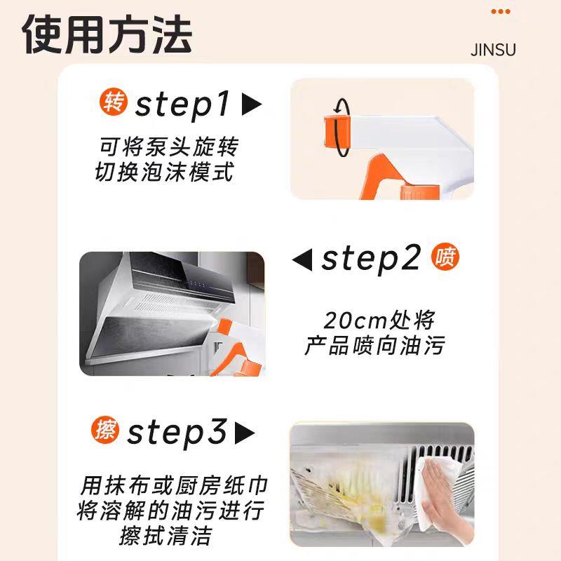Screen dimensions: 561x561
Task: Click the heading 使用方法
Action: click(107, 34)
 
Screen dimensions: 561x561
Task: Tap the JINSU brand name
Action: click(493, 50)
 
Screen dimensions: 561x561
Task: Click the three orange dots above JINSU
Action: click(501, 12)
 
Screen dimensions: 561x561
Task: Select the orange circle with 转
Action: click(114, 102)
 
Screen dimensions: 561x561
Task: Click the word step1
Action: click(182, 104)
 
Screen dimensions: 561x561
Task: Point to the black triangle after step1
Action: click(251, 104)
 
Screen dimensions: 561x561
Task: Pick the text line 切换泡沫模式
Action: click(165, 172)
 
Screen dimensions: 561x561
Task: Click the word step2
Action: click(371, 259)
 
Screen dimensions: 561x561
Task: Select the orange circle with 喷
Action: click(445, 257)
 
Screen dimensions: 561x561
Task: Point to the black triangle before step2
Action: click(302, 259)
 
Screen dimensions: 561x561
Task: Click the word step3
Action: click(177, 432)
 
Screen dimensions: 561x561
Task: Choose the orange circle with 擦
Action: click(105, 430)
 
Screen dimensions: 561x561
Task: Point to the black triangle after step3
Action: click(245, 433)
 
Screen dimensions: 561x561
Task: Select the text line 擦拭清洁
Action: click(165, 536)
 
